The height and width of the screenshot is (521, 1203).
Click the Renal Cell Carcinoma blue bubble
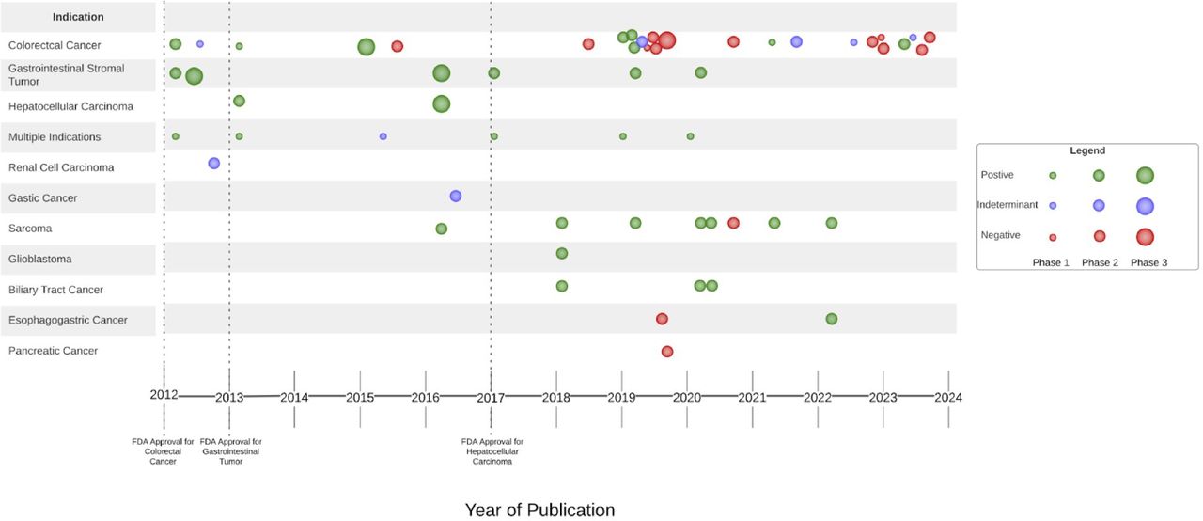pyautogui.click(x=213, y=163)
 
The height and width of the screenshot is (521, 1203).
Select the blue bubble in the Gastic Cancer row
pyautogui.click(x=456, y=196)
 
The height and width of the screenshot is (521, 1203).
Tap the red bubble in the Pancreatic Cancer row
pyautogui.click(x=667, y=351)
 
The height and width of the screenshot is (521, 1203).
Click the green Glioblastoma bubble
pyautogui.click(x=562, y=253)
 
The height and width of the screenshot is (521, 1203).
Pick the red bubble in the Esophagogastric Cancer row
pyautogui.click(x=662, y=319)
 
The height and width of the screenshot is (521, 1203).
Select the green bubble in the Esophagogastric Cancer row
pyautogui.click(x=832, y=319)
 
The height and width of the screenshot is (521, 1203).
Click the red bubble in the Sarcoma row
pyautogui.click(x=733, y=223)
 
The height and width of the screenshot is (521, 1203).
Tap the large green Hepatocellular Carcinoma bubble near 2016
pyautogui.click(x=442, y=103)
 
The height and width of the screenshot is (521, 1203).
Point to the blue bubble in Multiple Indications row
pyautogui.click(x=383, y=136)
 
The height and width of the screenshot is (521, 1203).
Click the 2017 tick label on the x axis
pyautogui.click(x=491, y=397)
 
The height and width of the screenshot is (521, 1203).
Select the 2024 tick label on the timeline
pyautogui.click(x=947, y=397)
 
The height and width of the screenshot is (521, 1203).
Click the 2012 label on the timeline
pyautogui.click(x=164, y=395)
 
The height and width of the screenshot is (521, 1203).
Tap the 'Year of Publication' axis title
pyautogui.click(x=539, y=510)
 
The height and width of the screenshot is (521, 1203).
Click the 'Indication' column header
pyautogui.click(x=78, y=17)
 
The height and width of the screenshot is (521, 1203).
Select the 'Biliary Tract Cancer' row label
pyautogui.click(x=56, y=290)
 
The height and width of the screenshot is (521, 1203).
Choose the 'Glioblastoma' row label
pyautogui.click(x=39, y=259)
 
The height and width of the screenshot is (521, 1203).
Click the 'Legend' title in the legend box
pyautogui.click(x=1087, y=150)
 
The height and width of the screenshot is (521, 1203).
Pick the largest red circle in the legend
pyautogui.click(x=1145, y=236)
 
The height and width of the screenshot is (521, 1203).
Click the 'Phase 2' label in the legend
pyautogui.click(x=1100, y=262)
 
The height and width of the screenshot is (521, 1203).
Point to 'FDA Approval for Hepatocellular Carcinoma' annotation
pyautogui.click(x=492, y=451)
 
